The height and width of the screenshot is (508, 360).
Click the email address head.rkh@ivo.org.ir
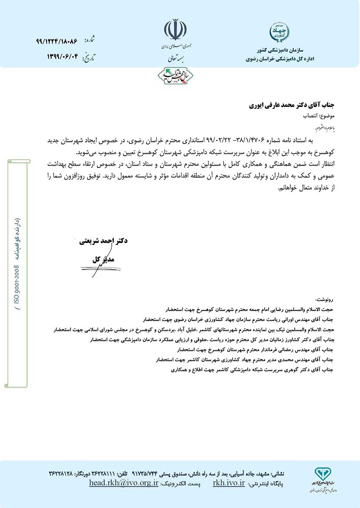pos(124,484)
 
